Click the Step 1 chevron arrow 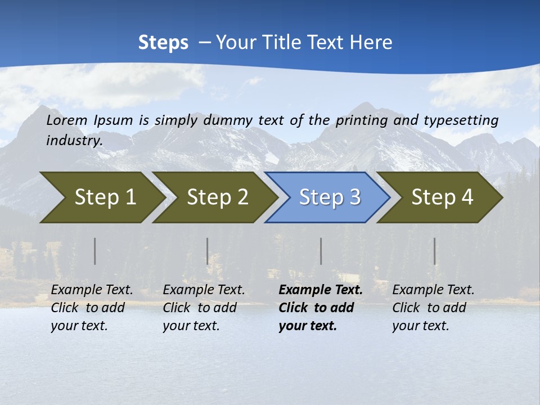point(101,197)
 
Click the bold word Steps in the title point(163,43)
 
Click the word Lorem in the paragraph point(67,120)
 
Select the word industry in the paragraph point(74,141)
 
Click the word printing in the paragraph point(360,120)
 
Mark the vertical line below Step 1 point(95,251)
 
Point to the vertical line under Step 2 point(208,251)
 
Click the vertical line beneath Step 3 point(321,251)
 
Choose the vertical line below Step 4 point(435,251)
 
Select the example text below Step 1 point(92,308)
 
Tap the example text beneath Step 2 point(204,308)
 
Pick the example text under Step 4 point(433,308)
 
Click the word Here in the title point(371,43)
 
